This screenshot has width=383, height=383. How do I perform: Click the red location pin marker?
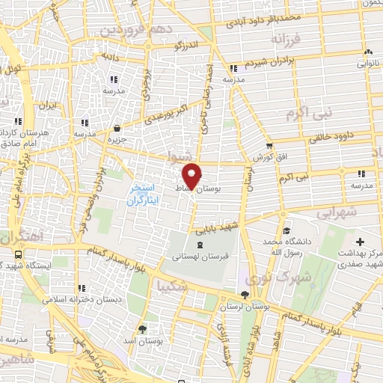pos(191,175)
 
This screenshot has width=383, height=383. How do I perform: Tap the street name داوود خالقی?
pos(330,137)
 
